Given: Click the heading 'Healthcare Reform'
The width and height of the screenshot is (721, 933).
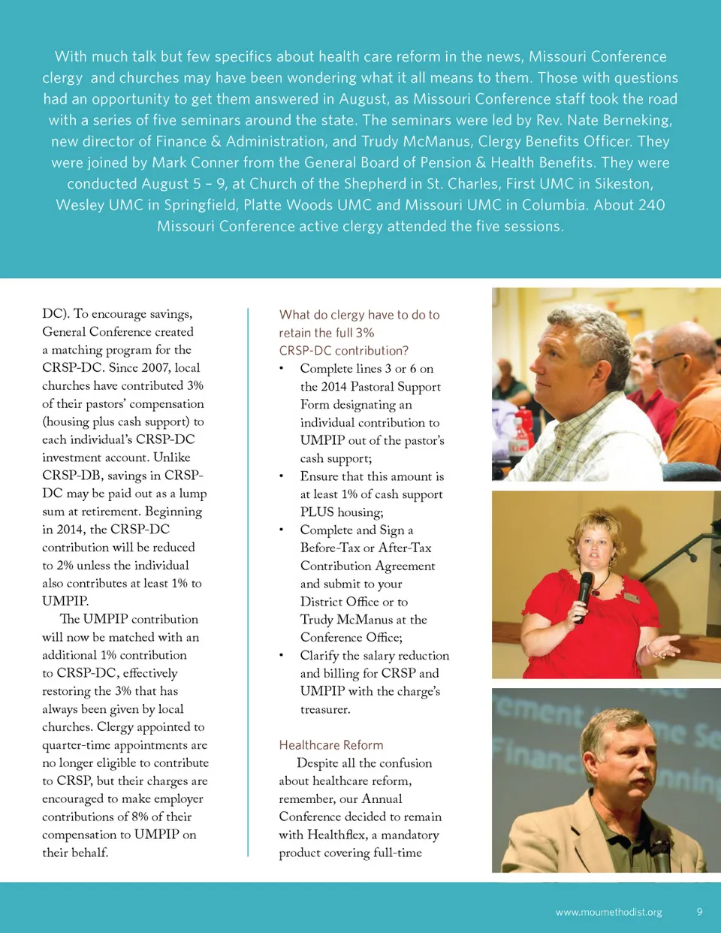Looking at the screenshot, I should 330,745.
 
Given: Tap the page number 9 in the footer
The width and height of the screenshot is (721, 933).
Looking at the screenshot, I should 699,912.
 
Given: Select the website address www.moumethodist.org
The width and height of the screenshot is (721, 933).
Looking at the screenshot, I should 608,913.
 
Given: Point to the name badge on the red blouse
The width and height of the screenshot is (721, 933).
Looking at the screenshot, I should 631,597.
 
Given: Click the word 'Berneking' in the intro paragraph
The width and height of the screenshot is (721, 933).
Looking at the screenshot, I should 632,120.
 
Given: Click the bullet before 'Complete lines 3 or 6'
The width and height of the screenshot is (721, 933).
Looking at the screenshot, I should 281,369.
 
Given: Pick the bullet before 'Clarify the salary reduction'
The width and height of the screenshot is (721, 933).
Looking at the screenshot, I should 281,656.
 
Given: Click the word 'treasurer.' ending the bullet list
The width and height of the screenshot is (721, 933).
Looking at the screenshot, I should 325,710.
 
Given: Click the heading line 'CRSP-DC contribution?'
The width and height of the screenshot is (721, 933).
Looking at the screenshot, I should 343,351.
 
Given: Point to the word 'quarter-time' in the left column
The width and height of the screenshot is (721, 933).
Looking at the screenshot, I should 77,745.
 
